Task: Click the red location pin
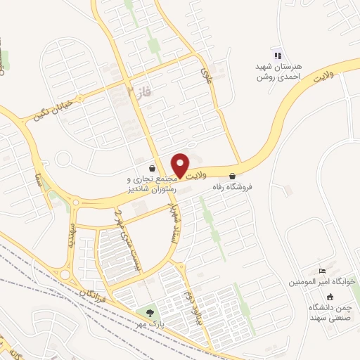click(x=181, y=165)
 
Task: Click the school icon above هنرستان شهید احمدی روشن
click(x=278, y=56)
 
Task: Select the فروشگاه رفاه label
click(x=233, y=188)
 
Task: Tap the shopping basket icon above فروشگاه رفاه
click(x=233, y=176)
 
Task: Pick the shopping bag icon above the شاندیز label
click(x=153, y=169)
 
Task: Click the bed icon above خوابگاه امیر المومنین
click(x=322, y=271)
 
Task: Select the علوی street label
click(x=205, y=70)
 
